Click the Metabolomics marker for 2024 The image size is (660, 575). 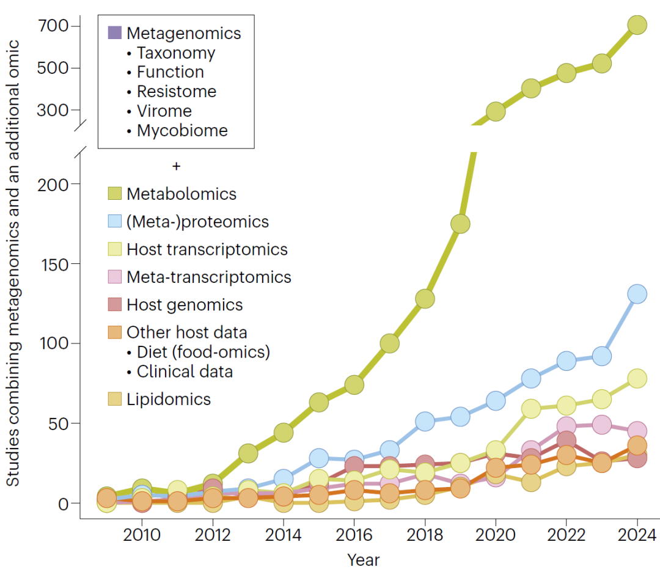(637, 25)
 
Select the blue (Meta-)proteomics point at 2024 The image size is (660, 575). (637, 294)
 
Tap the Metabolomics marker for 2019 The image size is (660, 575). (460, 224)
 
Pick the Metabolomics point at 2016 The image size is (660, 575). (354, 384)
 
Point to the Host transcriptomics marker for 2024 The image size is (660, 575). (637, 378)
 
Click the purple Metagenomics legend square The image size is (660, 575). (115, 32)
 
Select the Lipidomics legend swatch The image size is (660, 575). (115, 400)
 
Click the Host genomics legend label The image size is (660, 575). (185, 305)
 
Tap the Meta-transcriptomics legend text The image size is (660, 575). (208, 277)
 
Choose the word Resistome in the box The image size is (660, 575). (176, 92)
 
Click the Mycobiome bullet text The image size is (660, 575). (182, 130)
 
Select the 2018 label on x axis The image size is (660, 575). (425, 535)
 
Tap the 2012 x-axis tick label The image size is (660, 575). (213, 535)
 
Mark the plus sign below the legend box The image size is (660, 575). (177, 166)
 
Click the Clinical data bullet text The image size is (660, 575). (184, 371)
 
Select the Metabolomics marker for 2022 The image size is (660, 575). (566, 73)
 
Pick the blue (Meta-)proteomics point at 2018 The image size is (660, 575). (425, 421)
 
